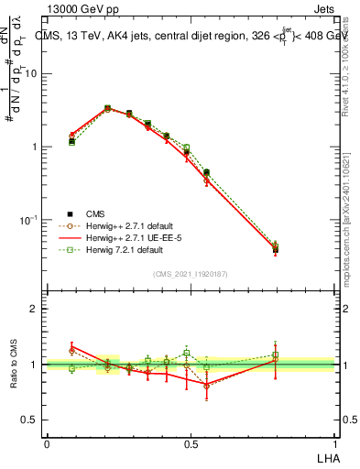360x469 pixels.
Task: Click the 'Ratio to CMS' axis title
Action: tap(12, 364)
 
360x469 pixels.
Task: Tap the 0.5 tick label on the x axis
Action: tap(191, 443)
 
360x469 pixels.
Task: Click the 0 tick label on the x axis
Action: tap(47, 443)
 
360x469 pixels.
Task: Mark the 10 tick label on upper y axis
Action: tap(31, 74)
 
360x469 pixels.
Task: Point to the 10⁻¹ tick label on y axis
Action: tap(29, 220)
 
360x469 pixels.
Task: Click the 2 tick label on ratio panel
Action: tap(35, 310)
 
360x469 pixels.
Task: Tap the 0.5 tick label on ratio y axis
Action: tap(30, 420)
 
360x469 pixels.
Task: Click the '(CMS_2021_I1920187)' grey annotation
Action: tap(191, 272)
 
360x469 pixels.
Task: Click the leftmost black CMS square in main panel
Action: tap(71, 141)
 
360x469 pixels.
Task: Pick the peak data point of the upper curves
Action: tap(107, 109)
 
